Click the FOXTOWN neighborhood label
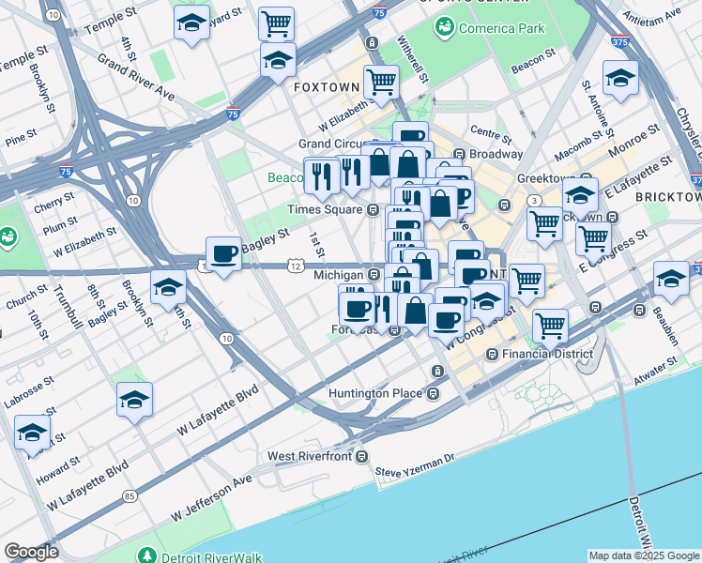[x=327, y=86]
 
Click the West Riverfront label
[x=309, y=456]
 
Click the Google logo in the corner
[x=31, y=552]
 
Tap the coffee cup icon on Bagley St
[x=223, y=253]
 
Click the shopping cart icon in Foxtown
[x=381, y=82]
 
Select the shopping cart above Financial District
[x=550, y=326]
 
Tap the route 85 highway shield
[x=129, y=495]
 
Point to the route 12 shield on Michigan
[x=296, y=266]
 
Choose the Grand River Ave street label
[x=136, y=81]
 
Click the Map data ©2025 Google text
[x=643, y=555]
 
